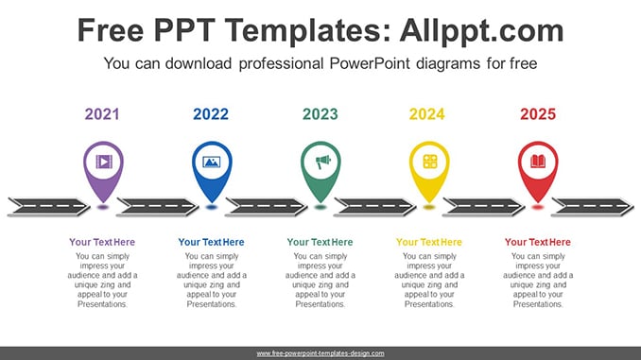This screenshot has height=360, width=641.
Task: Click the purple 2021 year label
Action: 102,114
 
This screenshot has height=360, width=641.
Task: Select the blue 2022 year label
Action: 211,114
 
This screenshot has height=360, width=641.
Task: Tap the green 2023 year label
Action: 320,114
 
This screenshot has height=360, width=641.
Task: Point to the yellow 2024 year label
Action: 426,114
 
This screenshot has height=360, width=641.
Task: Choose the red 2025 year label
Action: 538,114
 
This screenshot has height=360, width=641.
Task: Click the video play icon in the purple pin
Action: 104,162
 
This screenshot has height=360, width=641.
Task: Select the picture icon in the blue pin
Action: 212,163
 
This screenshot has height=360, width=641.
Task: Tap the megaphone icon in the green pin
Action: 322,162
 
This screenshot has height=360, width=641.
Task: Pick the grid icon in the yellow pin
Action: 430,162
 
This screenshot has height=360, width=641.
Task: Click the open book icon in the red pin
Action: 538,162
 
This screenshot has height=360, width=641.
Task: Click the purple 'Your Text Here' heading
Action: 102,242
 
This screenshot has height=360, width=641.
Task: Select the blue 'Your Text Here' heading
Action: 212,242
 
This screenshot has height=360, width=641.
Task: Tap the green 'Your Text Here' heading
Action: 320,242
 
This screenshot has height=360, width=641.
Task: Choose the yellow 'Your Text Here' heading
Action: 429,242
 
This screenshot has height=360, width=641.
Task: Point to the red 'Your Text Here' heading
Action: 538,242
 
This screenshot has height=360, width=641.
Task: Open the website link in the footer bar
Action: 320,353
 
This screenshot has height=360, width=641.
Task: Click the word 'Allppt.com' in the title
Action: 482,31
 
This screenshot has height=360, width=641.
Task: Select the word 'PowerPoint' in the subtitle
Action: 370,63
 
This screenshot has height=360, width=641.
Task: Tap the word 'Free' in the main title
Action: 111,30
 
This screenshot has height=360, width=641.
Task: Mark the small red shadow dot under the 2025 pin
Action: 538,208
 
